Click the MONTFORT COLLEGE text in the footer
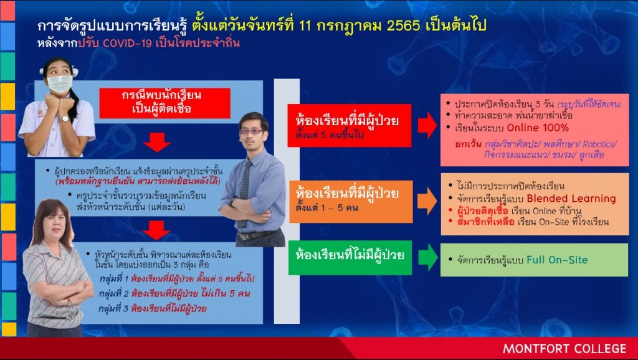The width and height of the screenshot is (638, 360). point(564,349)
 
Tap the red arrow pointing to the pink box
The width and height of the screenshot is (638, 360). point(427,125)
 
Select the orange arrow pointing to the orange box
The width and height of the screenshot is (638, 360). point(427,201)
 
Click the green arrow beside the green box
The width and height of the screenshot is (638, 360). point(427,257)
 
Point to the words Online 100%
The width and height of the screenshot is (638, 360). point(538,128)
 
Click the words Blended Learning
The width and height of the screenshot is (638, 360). point(571,199)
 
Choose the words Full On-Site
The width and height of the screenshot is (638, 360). point(557,260)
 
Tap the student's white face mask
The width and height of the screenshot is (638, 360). point(60,84)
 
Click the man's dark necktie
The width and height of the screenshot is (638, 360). point(244,191)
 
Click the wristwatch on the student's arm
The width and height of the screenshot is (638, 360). point(65,119)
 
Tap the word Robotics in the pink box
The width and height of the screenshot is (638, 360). point(599,144)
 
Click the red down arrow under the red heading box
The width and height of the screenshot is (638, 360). point(157,142)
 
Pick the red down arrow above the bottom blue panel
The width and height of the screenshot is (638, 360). point(156,230)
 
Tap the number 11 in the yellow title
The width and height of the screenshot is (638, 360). point(305,26)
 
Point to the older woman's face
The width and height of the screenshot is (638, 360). point(54,224)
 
